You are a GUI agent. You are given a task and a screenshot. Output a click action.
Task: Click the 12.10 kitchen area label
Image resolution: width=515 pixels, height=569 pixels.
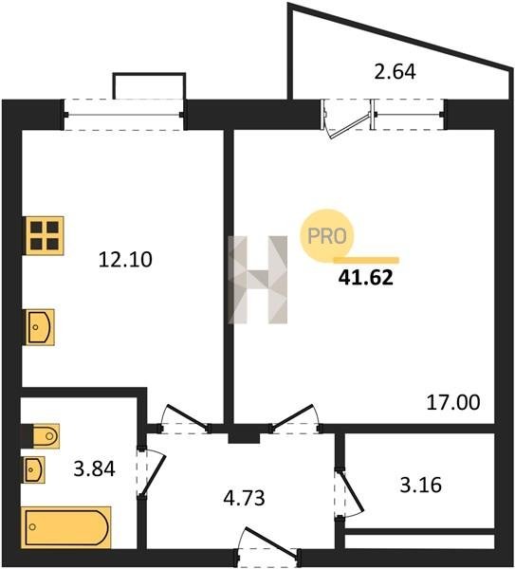(x=125, y=260)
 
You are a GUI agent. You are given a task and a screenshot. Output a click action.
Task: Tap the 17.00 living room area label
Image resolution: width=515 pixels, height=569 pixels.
(x=453, y=402)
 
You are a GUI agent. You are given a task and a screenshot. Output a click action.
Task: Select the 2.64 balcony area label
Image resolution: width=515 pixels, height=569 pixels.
(x=395, y=71)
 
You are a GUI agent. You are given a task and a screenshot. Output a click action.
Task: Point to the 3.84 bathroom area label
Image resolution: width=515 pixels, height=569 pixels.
(x=94, y=468)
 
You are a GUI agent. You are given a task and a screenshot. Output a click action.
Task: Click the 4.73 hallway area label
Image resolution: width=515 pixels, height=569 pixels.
(x=245, y=498)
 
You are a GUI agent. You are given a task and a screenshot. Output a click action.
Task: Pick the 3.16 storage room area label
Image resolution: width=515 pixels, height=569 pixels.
(x=421, y=485)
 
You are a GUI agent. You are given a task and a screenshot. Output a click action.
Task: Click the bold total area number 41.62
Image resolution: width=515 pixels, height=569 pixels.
(x=366, y=278)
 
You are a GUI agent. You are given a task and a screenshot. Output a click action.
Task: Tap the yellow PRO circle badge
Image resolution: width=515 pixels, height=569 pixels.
(x=327, y=236)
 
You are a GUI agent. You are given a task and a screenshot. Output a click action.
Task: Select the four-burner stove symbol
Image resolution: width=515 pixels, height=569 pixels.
(x=45, y=236)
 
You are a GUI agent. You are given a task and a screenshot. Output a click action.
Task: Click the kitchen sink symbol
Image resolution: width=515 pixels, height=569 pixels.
(x=40, y=327)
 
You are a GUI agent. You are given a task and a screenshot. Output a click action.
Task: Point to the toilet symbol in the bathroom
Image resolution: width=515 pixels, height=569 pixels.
(x=40, y=436)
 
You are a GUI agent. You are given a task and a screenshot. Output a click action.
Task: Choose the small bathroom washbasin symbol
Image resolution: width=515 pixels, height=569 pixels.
(x=34, y=469)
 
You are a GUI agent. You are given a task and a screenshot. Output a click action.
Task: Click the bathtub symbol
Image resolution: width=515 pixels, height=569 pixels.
(x=66, y=527)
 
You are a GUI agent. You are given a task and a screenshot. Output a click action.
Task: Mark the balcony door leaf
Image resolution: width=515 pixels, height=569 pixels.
(x=348, y=126)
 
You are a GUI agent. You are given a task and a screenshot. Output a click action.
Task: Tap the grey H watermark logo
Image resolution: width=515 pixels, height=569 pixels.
(x=258, y=280)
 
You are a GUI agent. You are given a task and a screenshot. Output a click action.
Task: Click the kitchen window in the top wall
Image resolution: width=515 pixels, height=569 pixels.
(x=123, y=115)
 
